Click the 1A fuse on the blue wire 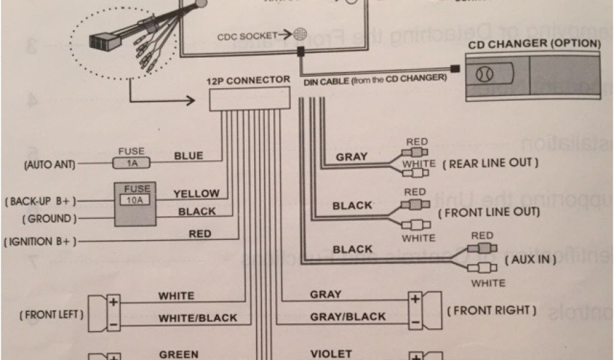pos(131,162)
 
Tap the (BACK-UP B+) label pos(42,201)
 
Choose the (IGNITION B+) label pos(41,242)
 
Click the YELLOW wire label pos(197,194)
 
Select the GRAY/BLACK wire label pos(348,317)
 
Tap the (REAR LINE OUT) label pos(490,163)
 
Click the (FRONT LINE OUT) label pos(489,212)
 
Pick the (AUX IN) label pos(531,259)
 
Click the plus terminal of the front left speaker pos(113,302)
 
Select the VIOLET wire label pos(331,354)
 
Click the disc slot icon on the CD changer pos(484,74)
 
